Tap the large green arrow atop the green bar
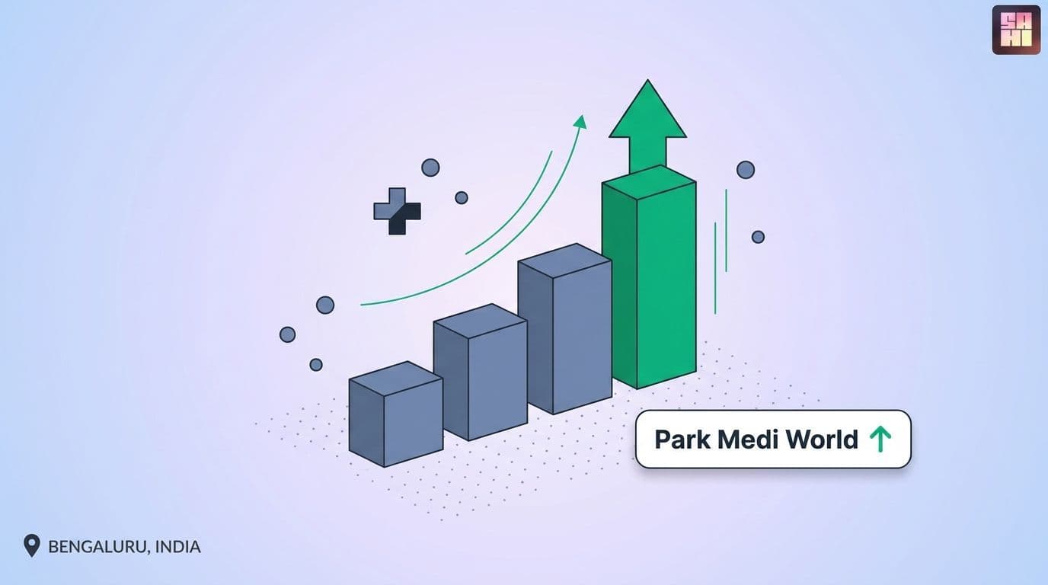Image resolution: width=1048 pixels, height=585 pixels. pos(647,126)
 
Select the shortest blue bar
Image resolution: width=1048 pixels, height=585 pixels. pos(396,414)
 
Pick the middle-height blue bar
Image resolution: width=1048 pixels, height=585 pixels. pos(481,372)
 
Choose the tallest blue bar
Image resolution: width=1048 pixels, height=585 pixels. pos(564,328)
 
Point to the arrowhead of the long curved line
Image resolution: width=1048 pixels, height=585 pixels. pos(580,122)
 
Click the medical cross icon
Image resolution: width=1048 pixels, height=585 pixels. pos(397,211)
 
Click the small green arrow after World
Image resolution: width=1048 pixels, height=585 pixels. pos(880,439)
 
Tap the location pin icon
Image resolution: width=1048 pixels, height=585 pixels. pos(32,545)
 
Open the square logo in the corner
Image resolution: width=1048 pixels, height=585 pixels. pos(1016,30)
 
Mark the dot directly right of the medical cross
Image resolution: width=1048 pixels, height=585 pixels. pos(462,197)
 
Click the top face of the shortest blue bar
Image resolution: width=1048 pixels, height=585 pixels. pos(396,379)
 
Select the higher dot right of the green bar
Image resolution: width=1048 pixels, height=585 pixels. pos(746,170)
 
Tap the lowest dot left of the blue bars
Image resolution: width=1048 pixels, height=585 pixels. pos(316,365)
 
